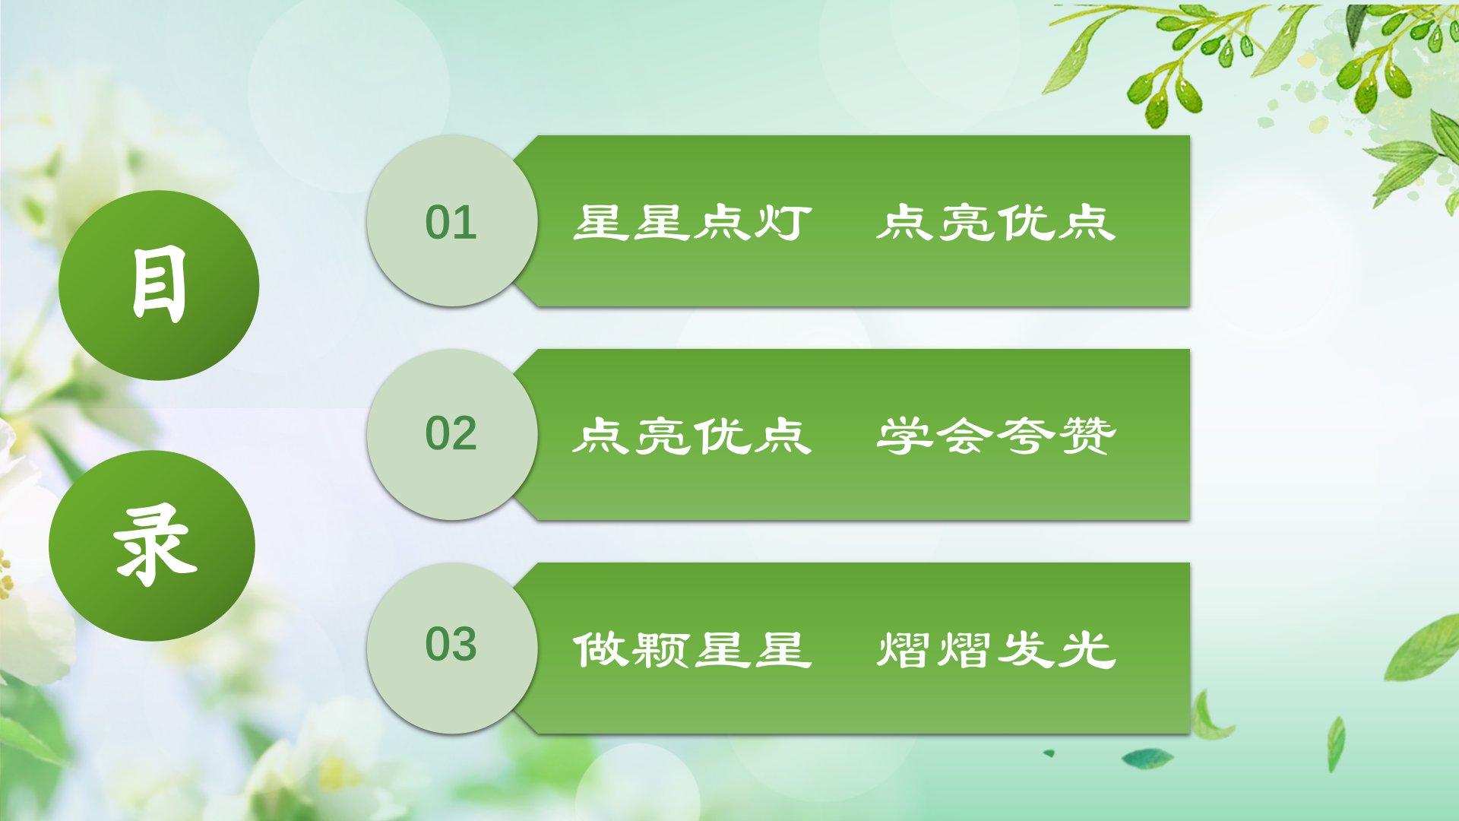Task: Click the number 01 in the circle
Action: tap(451, 222)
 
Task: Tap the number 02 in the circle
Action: tap(451, 433)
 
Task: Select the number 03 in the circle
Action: tap(451, 645)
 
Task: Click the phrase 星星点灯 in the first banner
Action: tap(692, 222)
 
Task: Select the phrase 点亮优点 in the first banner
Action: tap(995, 222)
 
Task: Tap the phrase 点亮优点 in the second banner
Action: tap(692, 436)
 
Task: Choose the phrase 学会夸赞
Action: tap(995, 436)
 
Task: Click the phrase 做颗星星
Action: tap(692, 650)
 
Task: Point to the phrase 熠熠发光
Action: tap(995, 650)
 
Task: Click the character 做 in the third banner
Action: tap(601, 650)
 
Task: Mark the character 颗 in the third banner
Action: tap(662, 650)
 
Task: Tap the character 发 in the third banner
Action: tap(1027, 650)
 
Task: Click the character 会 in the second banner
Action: tap(965, 436)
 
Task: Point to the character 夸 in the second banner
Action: tap(1027, 436)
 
